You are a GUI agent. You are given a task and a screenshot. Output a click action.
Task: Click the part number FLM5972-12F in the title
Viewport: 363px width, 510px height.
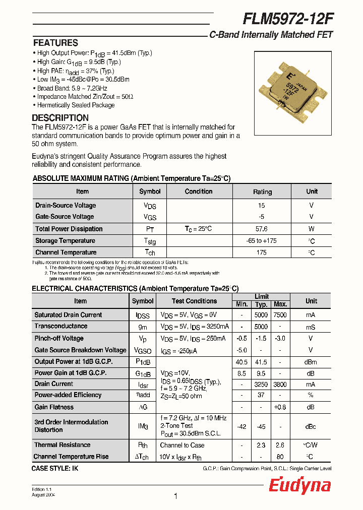288,19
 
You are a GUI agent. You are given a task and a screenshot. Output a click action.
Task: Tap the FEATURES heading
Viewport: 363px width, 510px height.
55,43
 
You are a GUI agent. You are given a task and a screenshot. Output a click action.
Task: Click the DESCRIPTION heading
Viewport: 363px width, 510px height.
60,118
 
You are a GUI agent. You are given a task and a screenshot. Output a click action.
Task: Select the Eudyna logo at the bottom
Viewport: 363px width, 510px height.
299,485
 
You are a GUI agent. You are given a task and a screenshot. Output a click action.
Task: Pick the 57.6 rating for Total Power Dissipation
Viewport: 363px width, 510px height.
261,229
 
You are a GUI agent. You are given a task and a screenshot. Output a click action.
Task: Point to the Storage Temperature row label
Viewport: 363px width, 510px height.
65,241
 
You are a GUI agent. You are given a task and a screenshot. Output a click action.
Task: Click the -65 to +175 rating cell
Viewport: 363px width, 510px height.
261,241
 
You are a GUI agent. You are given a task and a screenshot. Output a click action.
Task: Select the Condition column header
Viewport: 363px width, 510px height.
199,192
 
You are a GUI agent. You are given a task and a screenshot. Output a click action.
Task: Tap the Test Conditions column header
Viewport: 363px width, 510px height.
194,301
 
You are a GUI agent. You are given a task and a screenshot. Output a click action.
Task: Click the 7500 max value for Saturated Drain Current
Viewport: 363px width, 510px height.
280,315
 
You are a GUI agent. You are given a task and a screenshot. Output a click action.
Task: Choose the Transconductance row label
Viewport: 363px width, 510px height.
61,327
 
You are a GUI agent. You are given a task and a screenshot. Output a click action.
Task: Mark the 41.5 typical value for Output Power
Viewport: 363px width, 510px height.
261,362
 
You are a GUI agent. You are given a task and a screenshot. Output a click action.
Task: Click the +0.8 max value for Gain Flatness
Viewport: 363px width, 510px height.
280,407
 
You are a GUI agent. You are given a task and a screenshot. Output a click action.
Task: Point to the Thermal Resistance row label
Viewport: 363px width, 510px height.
63,445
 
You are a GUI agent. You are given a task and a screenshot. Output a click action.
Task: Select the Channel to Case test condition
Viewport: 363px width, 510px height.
182,445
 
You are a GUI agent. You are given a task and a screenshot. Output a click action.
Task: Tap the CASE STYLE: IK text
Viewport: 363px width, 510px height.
55,469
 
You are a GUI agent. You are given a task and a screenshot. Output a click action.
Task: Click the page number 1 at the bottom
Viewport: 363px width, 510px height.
175,496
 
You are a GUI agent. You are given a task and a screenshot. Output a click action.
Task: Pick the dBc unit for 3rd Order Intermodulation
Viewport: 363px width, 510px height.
311,426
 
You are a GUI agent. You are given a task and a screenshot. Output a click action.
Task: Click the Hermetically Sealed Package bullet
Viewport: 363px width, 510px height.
76,105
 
